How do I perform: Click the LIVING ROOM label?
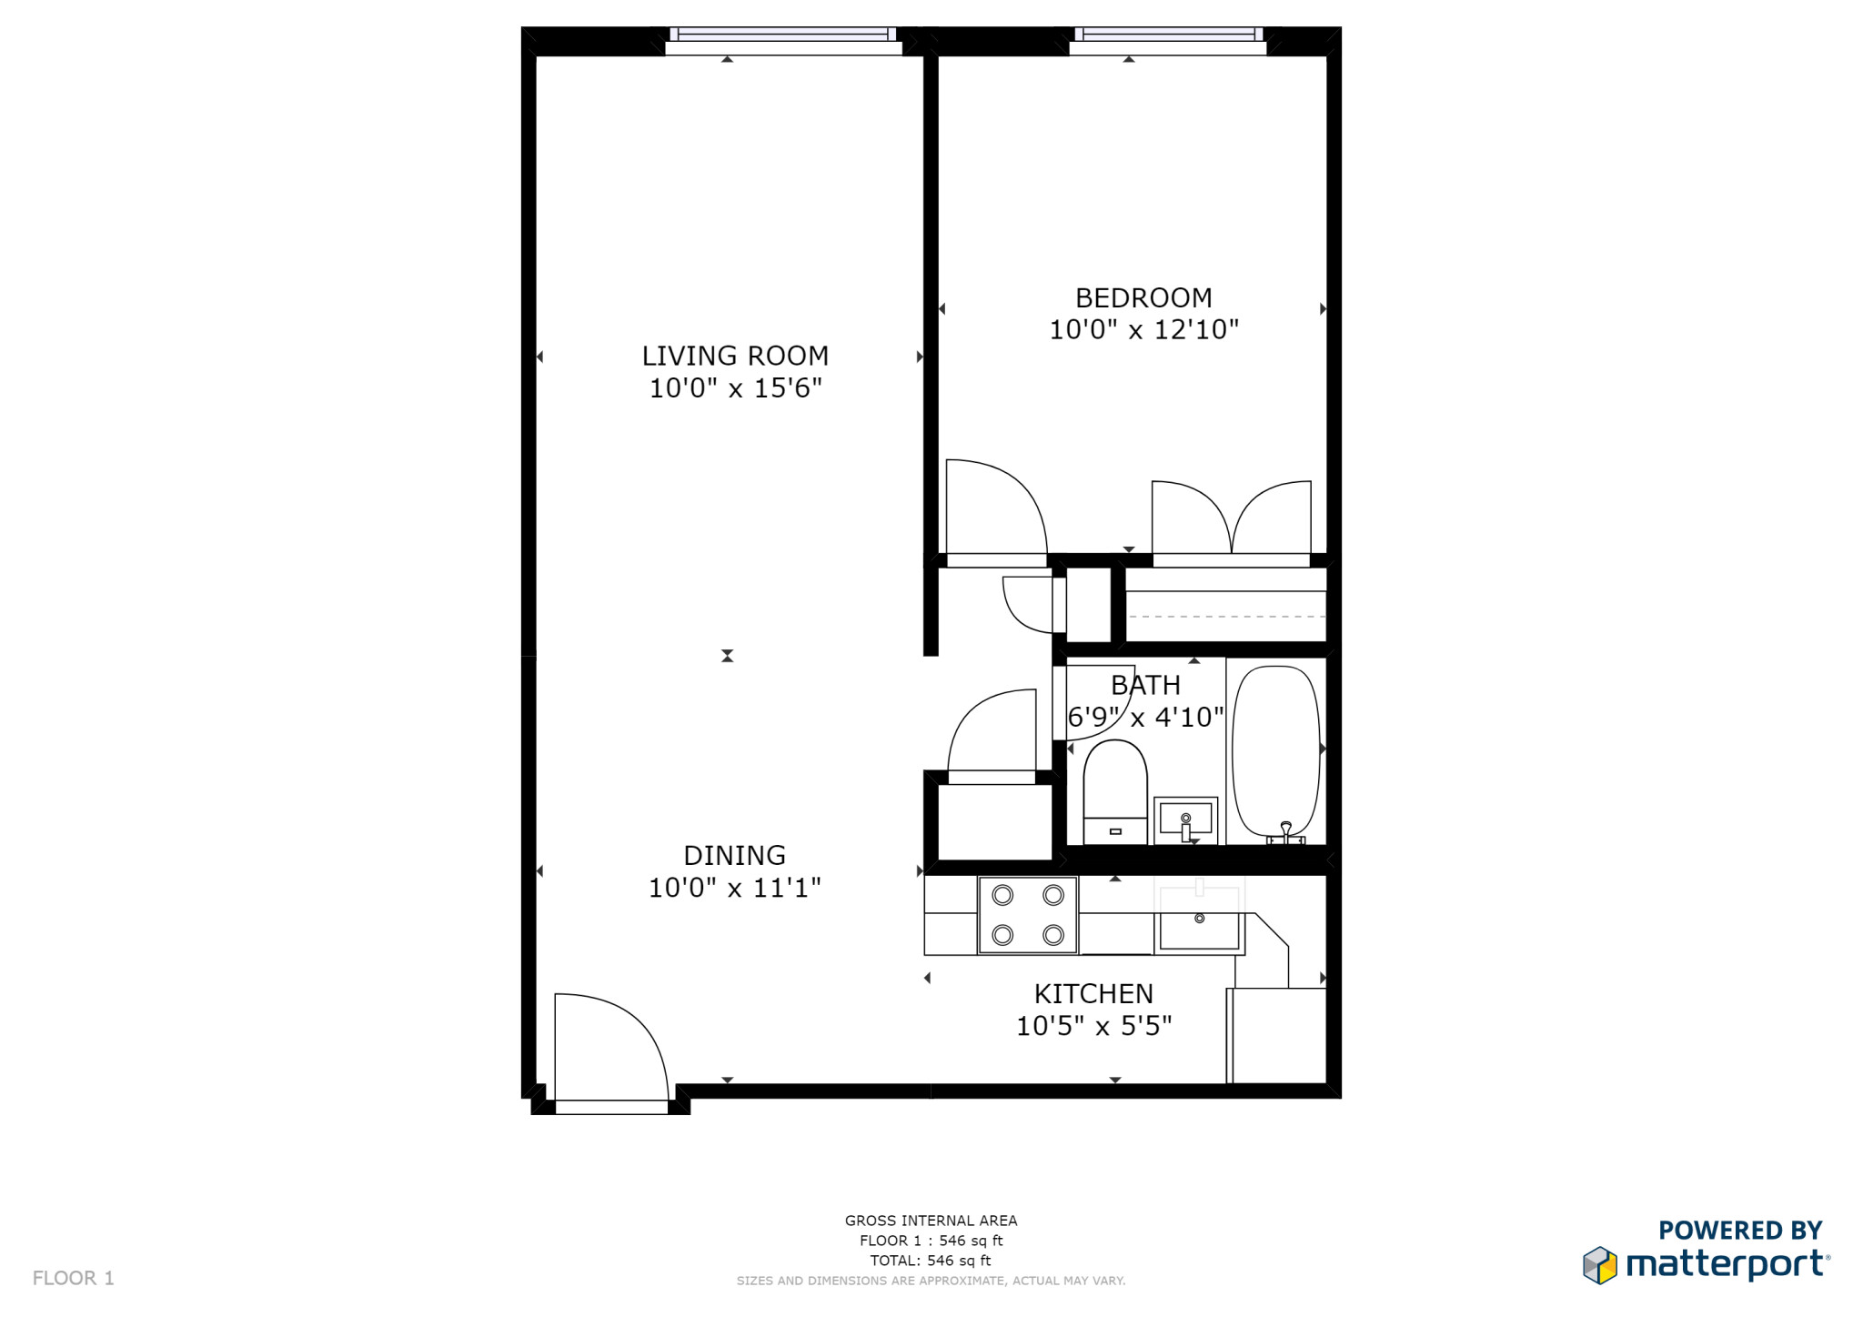pos(735,356)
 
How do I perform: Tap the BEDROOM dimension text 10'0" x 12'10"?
pos(1144,329)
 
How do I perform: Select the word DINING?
pos(734,855)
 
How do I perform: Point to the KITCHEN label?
pos(1093,993)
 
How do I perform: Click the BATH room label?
pos(1145,685)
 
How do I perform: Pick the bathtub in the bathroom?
pos(1275,752)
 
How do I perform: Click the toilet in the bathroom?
pos(1115,791)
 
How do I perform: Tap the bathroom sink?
pos(1185,820)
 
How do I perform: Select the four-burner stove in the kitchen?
pos(1028,915)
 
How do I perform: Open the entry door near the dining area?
pos(611,1053)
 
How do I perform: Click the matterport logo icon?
pos(1600,1265)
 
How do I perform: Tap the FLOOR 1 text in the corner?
pos(74,1278)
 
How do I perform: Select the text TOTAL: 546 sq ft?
pos(931,1261)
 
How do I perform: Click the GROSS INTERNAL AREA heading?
pos(931,1221)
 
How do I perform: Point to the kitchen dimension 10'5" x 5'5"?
pos(1093,1026)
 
